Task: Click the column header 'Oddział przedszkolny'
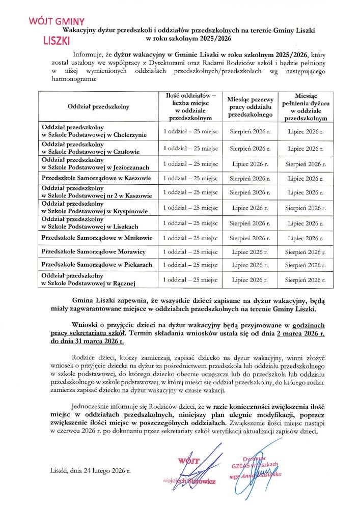(98, 106)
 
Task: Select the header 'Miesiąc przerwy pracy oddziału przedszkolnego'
(251, 106)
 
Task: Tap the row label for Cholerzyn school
(94, 131)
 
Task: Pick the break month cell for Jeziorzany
(251, 163)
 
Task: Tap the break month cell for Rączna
(251, 279)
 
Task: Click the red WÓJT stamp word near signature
(188, 461)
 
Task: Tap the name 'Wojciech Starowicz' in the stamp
(189, 480)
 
